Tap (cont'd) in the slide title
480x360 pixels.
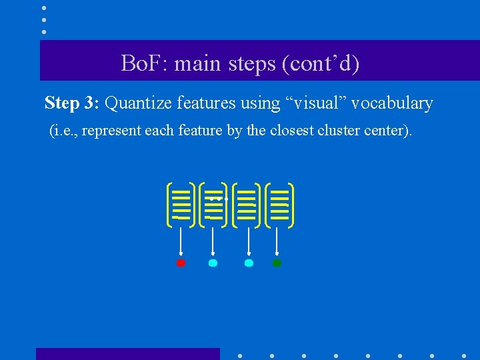tap(321, 64)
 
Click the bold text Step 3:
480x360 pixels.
tap(71, 103)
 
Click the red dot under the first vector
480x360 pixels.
tap(181, 263)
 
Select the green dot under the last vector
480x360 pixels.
tap(277, 263)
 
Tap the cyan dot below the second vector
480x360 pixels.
tap(213, 263)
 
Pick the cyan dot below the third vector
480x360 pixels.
tap(249, 263)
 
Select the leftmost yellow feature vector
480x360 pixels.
tap(181, 204)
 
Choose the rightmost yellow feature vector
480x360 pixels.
tap(280, 204)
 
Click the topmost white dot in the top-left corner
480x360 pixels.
tap(44, 8)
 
